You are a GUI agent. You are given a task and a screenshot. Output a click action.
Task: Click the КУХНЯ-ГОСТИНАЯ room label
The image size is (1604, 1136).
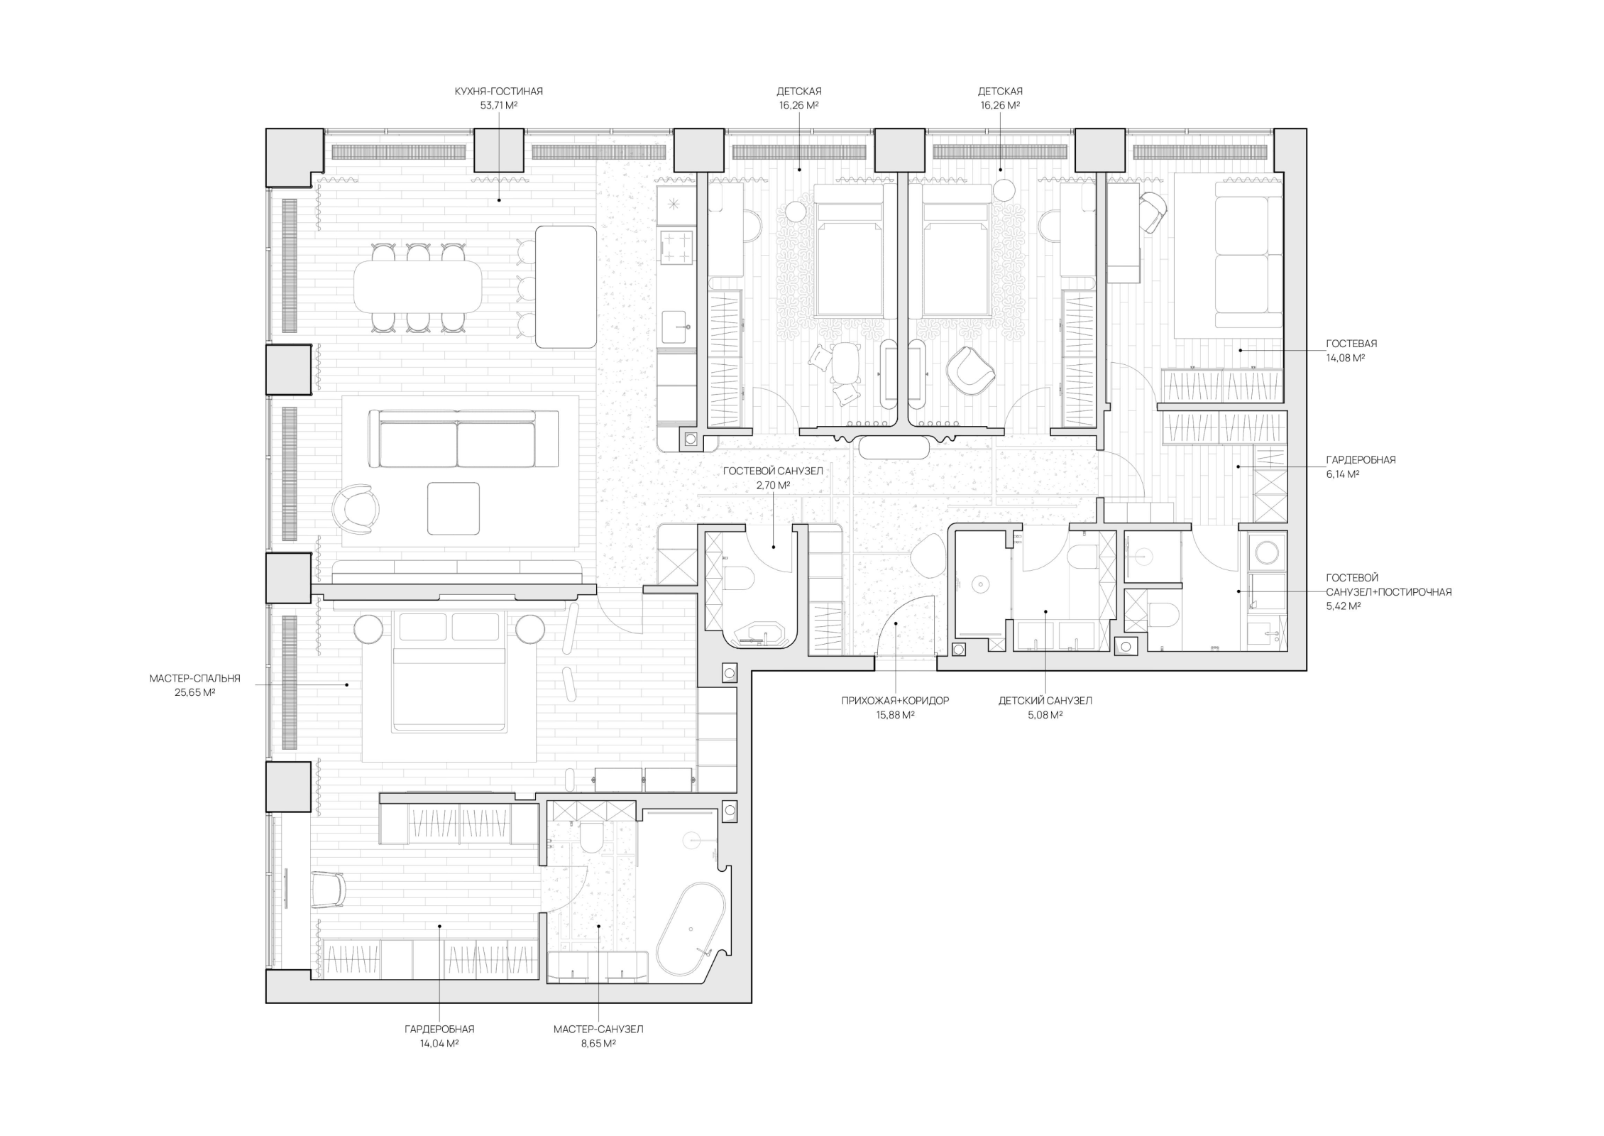click(498, 92)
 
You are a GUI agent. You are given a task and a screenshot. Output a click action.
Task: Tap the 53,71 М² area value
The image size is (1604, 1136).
click(498, 106)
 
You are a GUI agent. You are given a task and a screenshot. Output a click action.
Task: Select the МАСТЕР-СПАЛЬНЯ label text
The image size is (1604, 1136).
click(194, 679)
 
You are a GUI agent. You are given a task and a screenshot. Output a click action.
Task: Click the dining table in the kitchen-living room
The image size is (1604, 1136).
click(417, 287)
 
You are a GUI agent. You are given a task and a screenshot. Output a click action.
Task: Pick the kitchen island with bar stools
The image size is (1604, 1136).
click(566, 287)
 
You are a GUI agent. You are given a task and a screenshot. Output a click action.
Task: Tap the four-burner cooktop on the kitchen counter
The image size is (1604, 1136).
click(676, 248)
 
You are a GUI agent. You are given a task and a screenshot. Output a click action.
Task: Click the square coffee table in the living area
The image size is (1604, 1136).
click(453, 508)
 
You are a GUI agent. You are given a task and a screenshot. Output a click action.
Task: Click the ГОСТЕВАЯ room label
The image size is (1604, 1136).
click(1351, 344)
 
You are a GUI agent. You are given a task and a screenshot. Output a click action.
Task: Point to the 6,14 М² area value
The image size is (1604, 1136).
click(1343, 474)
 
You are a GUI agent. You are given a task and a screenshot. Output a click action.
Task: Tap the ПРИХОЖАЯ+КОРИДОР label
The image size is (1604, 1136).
click(895, 701)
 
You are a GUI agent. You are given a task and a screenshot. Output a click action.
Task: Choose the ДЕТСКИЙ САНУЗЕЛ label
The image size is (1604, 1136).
click(1045, 701)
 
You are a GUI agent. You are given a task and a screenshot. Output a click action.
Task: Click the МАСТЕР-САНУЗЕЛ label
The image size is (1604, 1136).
click(598, 1029)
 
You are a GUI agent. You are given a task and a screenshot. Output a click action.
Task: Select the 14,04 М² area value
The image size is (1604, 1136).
click(439, 1043)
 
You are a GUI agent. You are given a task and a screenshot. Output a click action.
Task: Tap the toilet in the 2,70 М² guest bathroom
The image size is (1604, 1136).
click(738, 578)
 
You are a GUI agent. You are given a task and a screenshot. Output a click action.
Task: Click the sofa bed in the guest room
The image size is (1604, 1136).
click(1249, 255)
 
